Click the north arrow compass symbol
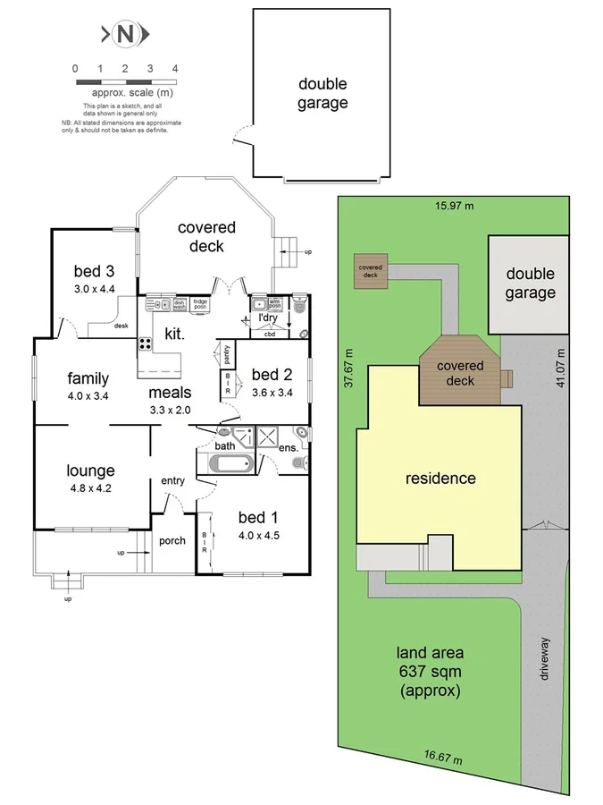click(x=125, y=35)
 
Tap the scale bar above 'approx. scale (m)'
click(x=125, y=81)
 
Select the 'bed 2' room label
click(x=272, y=375)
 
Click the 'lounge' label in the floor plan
click(x=90, y=470)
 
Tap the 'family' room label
click(x=88, y=378)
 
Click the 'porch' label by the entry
click(x=172, y=540)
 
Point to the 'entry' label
click(x=172, y=481)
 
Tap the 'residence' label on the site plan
click(x=440, y=478)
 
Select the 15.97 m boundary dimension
click(x=454, y=207)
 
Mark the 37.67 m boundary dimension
click(x=349, y=368)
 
